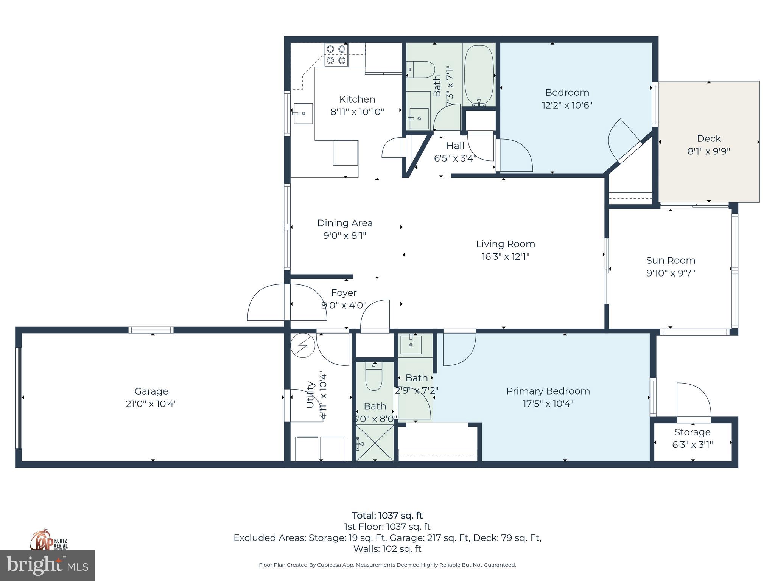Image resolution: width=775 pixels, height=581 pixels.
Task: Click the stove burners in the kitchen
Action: (x=336, y=55)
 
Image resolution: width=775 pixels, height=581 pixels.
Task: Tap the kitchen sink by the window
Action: (x=303, y=113)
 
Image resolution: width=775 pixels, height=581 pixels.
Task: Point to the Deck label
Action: (x=708, y=138)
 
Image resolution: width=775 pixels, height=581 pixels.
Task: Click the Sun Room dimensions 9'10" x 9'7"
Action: (x=671, y=273)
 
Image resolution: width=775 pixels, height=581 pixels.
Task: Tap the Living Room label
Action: (x=505, y=244)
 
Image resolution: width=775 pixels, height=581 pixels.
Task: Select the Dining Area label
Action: (x=344, y=223)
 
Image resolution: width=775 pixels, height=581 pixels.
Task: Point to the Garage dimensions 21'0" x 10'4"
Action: (x=151, y=404)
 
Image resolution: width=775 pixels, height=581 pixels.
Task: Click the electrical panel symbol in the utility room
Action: (x=303, y=345)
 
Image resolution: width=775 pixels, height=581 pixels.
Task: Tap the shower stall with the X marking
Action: (x=375, y=443)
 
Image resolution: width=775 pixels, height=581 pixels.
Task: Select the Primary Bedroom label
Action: (x=548, y=391)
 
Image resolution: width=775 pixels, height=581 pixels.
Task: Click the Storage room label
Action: (x=692, y=432)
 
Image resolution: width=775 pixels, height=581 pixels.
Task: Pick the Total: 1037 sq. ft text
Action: (x=387, y=515)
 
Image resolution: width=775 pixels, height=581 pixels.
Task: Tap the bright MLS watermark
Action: (x=47, y=565)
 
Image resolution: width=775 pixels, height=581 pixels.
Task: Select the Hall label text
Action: (x=455, y=146)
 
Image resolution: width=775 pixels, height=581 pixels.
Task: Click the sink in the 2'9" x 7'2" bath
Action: (x=411, y=345)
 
